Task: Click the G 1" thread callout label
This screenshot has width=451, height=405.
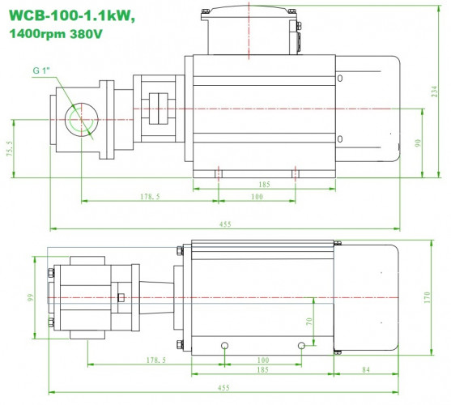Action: click(43, 71)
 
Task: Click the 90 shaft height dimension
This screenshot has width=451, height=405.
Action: click(418, 143)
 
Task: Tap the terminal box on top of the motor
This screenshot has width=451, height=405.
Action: click(251, 29)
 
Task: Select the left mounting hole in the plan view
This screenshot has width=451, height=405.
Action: click(224, 346)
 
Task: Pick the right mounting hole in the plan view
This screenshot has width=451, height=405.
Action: click(301, 346)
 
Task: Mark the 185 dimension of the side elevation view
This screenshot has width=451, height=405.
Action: click(264, 185)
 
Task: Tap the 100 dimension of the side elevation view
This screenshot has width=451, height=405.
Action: click(257, 196)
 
